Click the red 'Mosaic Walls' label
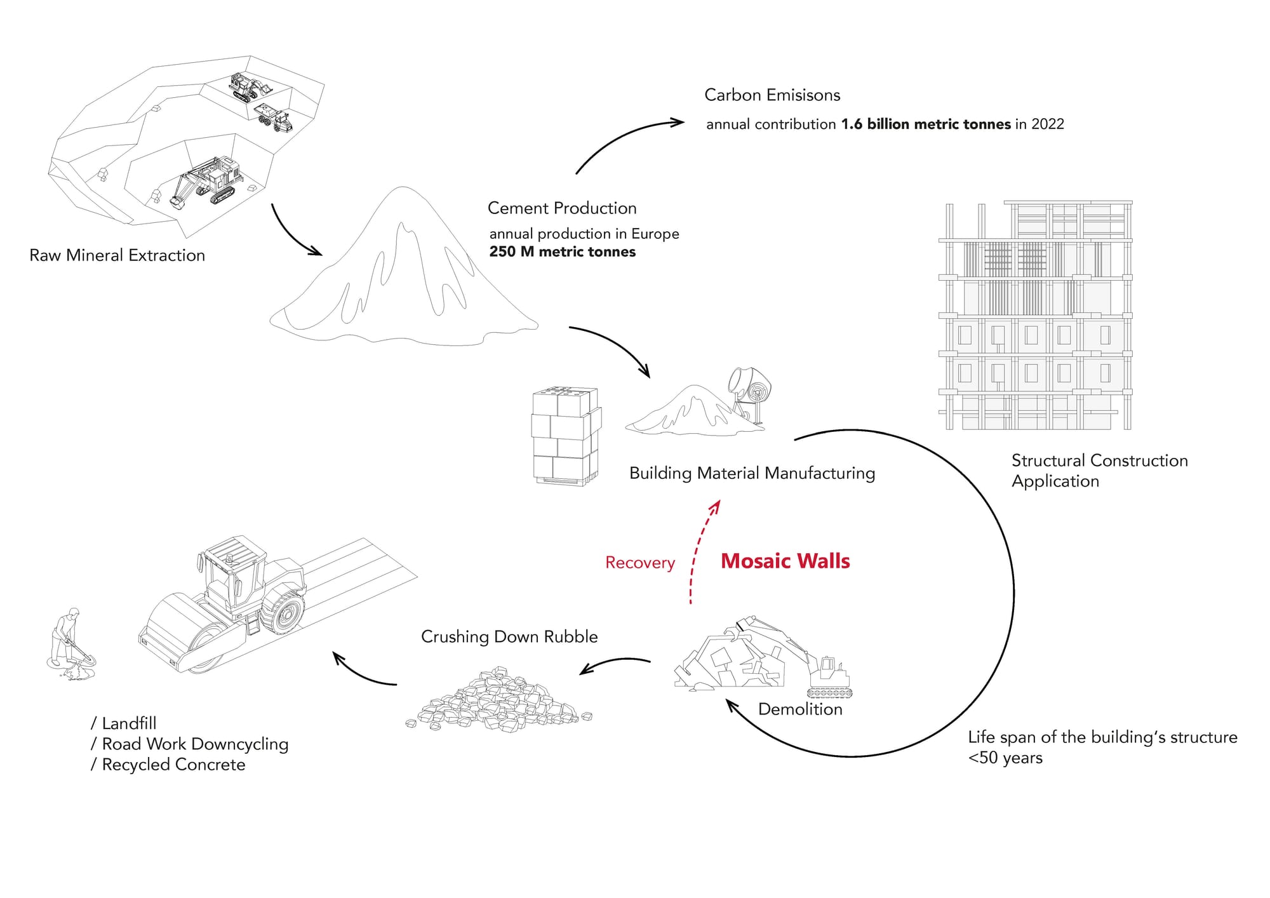click(x=785, y=561)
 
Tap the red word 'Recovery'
click(x=639, y=563)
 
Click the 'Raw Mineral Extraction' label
click(x=117, y=255)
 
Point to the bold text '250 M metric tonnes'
click(x=562, y=252)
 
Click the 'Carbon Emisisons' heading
click(x=772, y=95)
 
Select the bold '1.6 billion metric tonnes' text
click(x=926, y=124)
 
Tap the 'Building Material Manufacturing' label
click(x=752, y=473)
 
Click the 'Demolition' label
click(x=800, y=709)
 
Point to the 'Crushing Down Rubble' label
click(x=509, y=637)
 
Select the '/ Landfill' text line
click(x=124, y=723)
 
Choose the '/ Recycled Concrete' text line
click(x=168, y=765)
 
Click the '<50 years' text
click(x=1005, y=758)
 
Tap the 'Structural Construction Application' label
click(x=1099, y=471)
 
